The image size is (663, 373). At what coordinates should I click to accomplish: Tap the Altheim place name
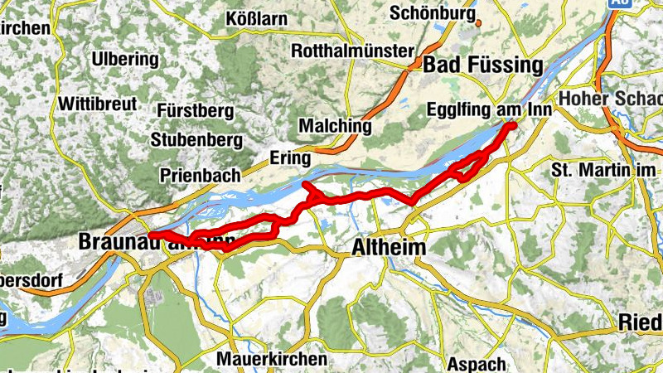(x=389, y=247)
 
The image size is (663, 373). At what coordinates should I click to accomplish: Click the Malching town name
(x=335, y=125)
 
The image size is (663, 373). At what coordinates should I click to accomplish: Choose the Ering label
(x=289, y=157)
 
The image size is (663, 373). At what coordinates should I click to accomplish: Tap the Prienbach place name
(x=201, y=175)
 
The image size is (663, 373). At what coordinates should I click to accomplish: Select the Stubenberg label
(x=196, y=139)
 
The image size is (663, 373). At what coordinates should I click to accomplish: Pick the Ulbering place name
(x=125, y=60)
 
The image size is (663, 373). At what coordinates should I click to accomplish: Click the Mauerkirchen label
(x=271, y=360)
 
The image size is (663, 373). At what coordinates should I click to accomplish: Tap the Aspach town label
(x=477, y=364)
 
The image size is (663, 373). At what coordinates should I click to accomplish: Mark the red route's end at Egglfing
(x=512, y=124)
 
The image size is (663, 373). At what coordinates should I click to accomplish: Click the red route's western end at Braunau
(x=152, y=235)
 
